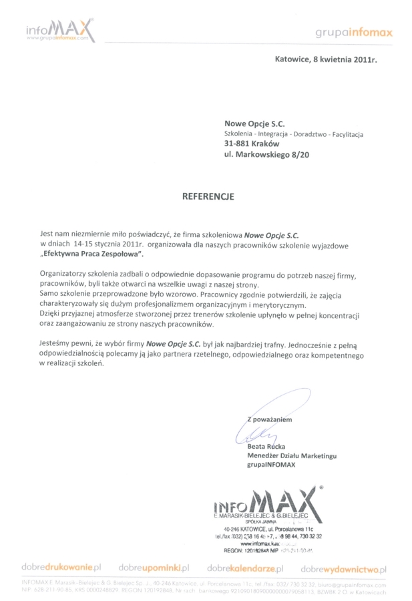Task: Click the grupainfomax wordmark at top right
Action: point(354,32)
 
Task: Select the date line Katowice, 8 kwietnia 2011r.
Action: point(326,59)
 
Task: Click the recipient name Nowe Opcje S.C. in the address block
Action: point(255,122)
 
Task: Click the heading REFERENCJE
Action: point(209,197)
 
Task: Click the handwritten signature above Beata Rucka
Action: point(254,436)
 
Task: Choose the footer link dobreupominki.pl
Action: point(154,568)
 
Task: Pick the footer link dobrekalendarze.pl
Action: point(245,568)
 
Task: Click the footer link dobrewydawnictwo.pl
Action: point(343,568)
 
